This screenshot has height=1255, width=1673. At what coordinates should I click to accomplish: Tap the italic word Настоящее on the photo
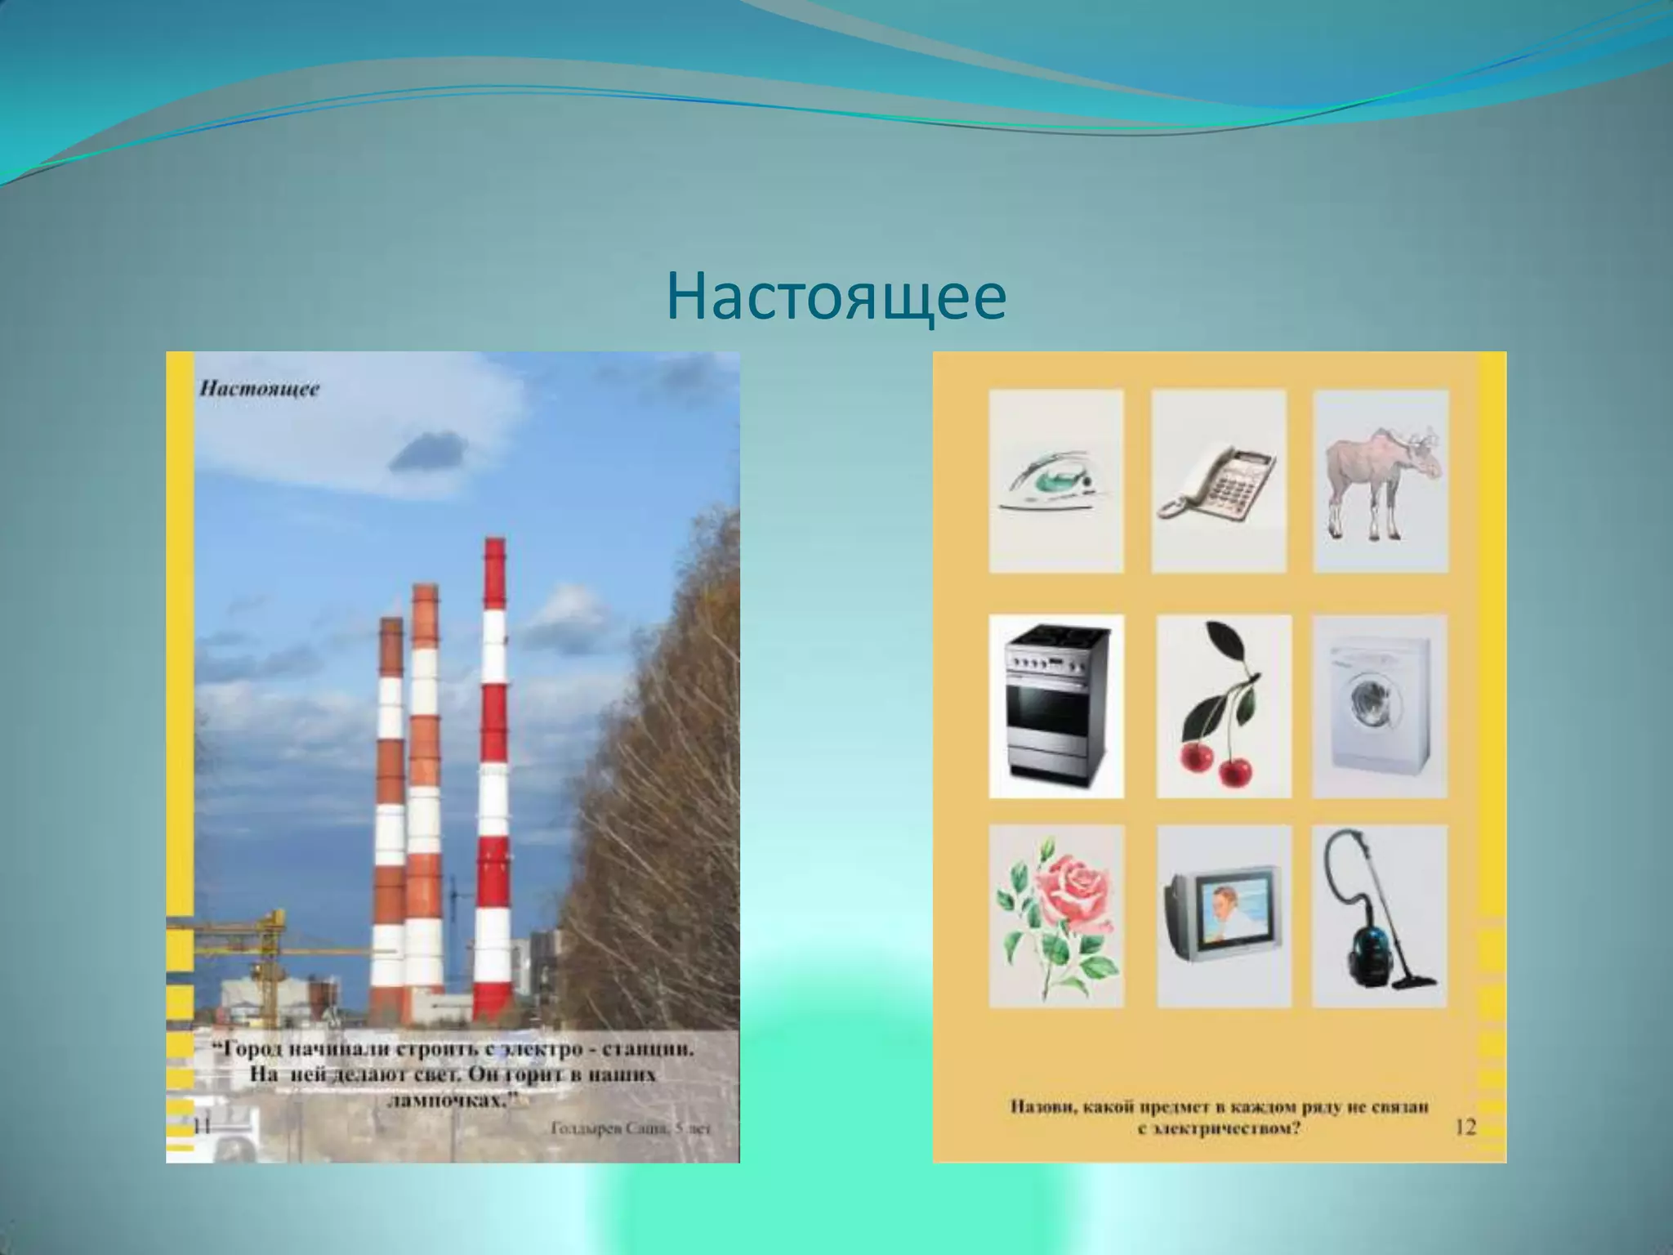coord(260,388)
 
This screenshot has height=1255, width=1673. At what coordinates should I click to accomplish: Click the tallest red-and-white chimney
coord(493,776)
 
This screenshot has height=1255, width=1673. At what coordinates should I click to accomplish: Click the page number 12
coord(1466,1128)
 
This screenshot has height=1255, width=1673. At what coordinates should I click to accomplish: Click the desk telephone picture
coord(1218,482)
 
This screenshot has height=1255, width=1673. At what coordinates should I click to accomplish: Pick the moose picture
coord(1381,482)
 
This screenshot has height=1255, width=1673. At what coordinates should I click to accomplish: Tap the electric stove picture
coord(1055,707)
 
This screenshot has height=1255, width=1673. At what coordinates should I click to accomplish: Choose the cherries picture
coord(1223,707)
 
